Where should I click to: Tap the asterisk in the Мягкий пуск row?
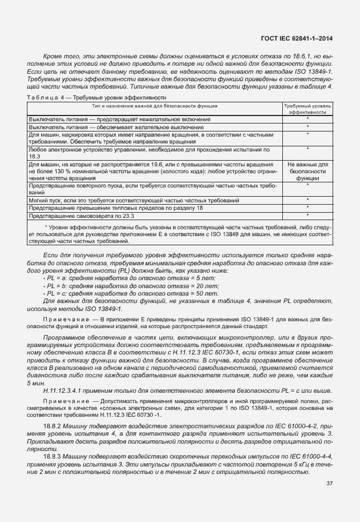pyautogui.click(x=307, y=201)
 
